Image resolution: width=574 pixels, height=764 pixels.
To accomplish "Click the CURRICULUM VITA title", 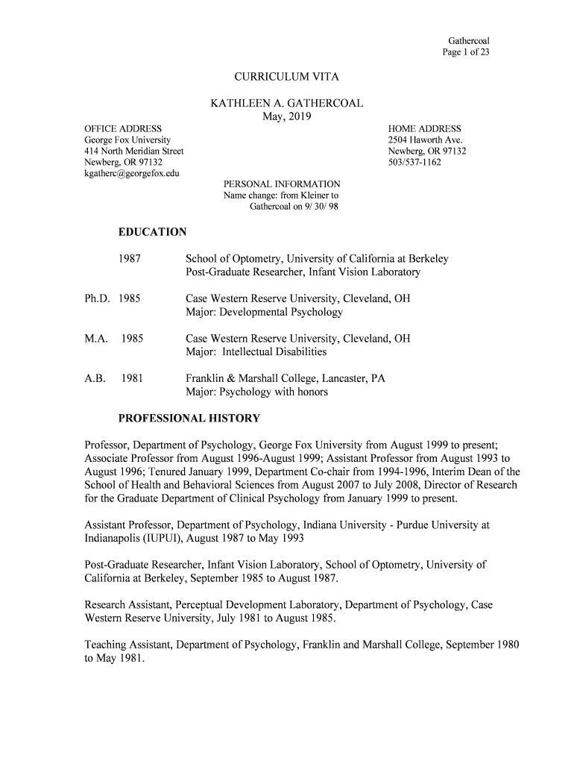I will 286,77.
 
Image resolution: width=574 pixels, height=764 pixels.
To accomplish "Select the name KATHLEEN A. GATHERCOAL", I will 286,104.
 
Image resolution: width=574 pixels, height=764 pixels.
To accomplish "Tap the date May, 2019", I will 287,117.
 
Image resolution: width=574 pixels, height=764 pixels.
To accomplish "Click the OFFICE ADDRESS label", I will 123,129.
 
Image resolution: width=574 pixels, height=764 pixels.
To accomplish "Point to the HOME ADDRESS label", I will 424,129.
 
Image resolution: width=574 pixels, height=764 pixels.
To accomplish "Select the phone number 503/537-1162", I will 414,163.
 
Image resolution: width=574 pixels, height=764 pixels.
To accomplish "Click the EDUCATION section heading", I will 152,232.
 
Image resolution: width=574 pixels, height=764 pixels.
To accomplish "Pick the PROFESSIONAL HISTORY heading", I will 189,418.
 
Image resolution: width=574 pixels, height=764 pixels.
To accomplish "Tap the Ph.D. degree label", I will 97,298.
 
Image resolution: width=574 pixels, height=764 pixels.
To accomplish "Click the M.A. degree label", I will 95,339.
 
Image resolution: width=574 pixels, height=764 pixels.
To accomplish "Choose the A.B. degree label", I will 95,378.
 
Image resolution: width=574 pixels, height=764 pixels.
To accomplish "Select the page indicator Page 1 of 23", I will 466,51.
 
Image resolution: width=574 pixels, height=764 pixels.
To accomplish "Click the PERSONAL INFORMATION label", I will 282,184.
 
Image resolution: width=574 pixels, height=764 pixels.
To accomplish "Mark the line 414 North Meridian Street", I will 133,151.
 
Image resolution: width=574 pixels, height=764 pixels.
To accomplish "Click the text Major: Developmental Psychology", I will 264,312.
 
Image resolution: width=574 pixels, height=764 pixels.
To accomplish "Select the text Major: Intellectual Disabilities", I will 256,351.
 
